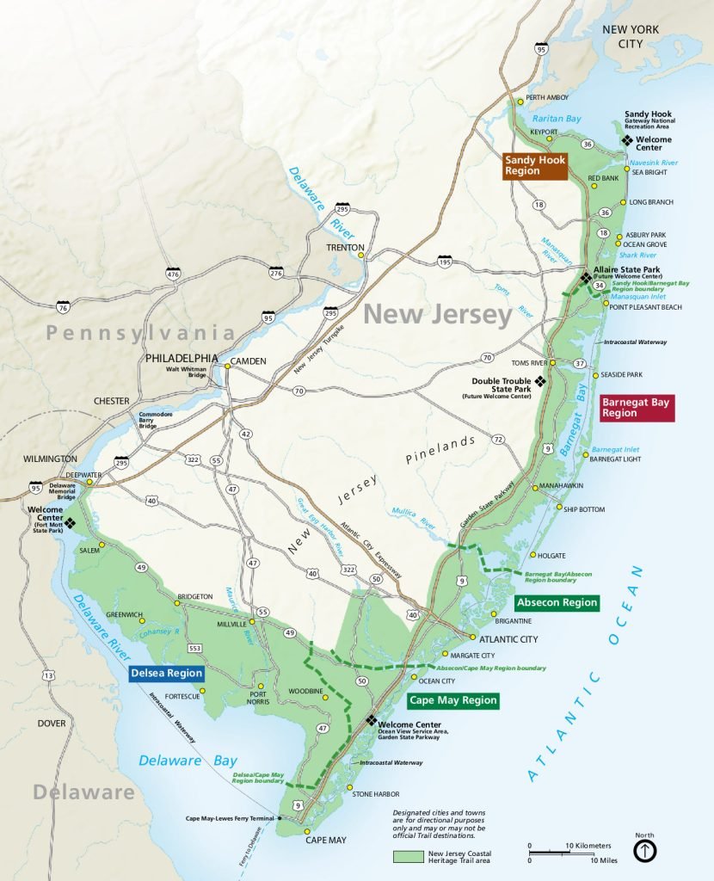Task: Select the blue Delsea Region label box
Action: click(x=167, y=673)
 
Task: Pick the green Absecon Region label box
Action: click(x=557, y=602)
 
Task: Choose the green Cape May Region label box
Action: click(x=453, y=700)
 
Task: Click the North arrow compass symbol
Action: click(x=645, y=850)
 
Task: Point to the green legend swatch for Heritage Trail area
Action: click(x=408, y=857)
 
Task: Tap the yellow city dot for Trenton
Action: click(x=362, y=255)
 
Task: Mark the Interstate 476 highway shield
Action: click(x=175, y=274)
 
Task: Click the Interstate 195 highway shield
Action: click(x=444, y=261)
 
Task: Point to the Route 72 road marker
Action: click(x=498, y=440)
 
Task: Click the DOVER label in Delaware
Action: click(x=51, y=724)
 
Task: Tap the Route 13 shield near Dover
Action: click(x=48, y=676)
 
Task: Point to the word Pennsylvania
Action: click(x=140, y=333)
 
